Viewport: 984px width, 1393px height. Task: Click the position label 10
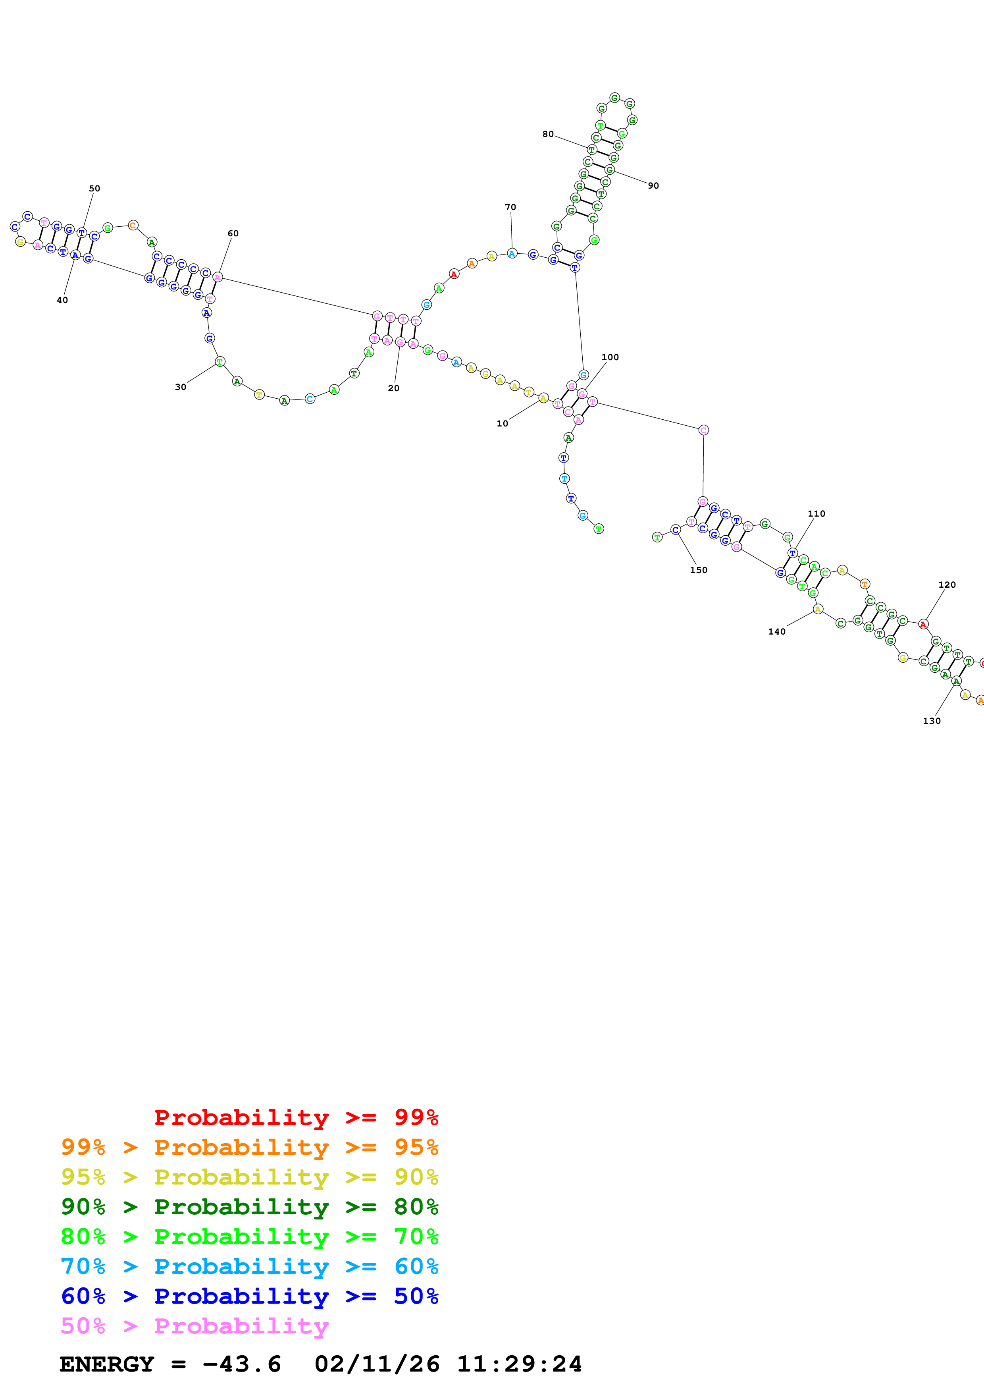tap(502, 423)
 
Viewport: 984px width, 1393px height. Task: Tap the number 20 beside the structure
tap(393, 388)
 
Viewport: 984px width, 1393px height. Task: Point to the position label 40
tap(62, 300)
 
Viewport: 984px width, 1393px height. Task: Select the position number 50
tap(94, 189)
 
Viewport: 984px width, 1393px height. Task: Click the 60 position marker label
tap(233, 233)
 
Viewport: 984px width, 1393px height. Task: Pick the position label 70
tap(510, 208)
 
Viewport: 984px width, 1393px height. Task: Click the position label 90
tap(653, 186)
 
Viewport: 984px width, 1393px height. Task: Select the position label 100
tap(610, 357)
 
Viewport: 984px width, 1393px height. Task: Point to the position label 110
tap(816, 514)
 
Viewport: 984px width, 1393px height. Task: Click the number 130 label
tap(931, 721)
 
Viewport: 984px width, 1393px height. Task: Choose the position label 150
tap(699, 570)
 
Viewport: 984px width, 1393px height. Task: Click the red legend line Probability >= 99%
tap(296, 1117)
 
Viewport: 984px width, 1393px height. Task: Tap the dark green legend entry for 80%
tap(249, 1207)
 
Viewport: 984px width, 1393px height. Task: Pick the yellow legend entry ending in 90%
tap(249, 1177)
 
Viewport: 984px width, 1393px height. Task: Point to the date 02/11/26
tap(377, 1364)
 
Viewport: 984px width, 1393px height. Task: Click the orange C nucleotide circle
tap(133, 226)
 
